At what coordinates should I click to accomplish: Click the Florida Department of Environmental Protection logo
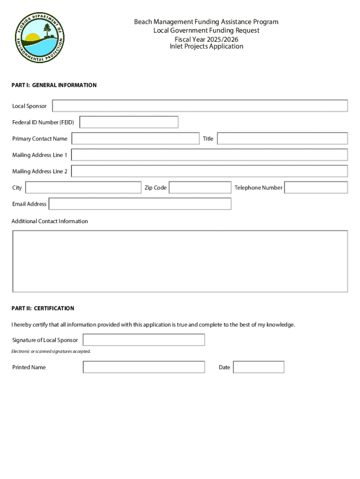coord(38,38)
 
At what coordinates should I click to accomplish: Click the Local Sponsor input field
coord(200,106)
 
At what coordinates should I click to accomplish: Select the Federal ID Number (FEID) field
coord(129,122)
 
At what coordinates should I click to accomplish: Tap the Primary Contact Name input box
coord(135,138)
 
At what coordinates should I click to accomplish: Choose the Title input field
coord(282,138)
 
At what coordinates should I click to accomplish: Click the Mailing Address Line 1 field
coord(209,155)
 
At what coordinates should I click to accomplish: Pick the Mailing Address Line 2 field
coord(209,171)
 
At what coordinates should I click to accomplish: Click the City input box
coord(83,188)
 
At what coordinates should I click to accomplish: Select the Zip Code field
coord(200,188)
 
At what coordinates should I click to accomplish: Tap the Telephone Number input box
coord(316,188)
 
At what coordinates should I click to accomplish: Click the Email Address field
coord(140,204)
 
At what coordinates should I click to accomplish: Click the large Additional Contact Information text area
coord(180,261)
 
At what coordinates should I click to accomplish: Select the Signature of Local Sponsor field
coord(144,340)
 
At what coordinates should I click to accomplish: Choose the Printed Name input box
coord(144,367)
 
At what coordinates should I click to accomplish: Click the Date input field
coord(259,367)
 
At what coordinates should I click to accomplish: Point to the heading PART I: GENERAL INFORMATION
coord(54,85)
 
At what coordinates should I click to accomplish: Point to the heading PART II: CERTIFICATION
coord(43,308)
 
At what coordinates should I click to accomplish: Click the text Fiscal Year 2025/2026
coord(206,39)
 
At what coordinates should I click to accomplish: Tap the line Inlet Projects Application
coord(206,46)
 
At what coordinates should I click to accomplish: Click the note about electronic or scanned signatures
coord(51,351)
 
